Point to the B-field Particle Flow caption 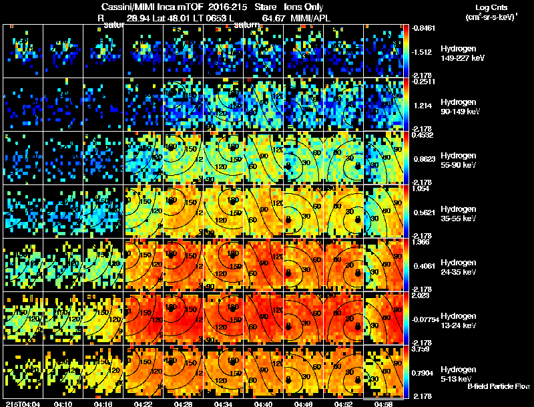tap(499, 386)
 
